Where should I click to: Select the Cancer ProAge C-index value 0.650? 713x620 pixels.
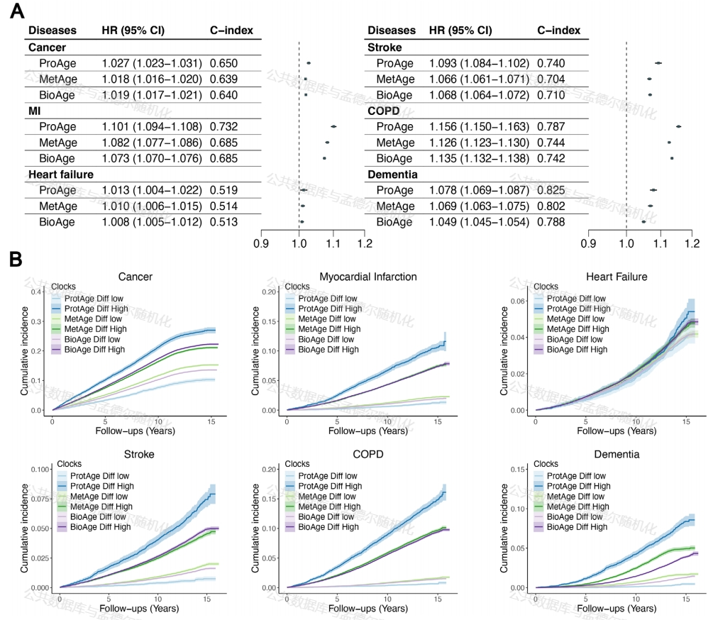click(x=223, y=63)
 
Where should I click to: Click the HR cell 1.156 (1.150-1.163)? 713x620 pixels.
click(x=479, y=126)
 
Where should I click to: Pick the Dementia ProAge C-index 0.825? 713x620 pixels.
click(x=551, y=190)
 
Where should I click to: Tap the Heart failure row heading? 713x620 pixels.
click(x=61, y=174)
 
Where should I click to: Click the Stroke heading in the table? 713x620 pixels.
click(x=385, y=48)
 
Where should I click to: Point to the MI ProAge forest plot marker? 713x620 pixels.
click(x=333, y=126)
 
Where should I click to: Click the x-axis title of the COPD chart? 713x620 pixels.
click(x=367, y=609)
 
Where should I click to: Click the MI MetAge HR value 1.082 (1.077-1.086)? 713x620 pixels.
click(x=152, y=143)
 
